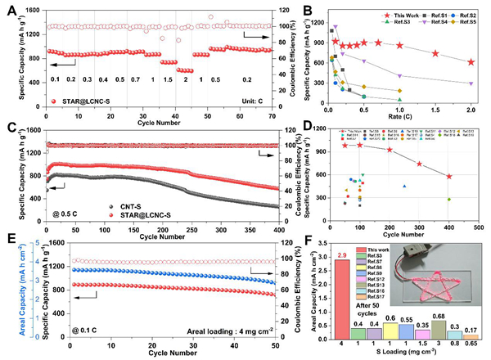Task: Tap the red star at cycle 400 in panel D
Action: point(448,176)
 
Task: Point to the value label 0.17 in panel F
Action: point(472,330)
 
